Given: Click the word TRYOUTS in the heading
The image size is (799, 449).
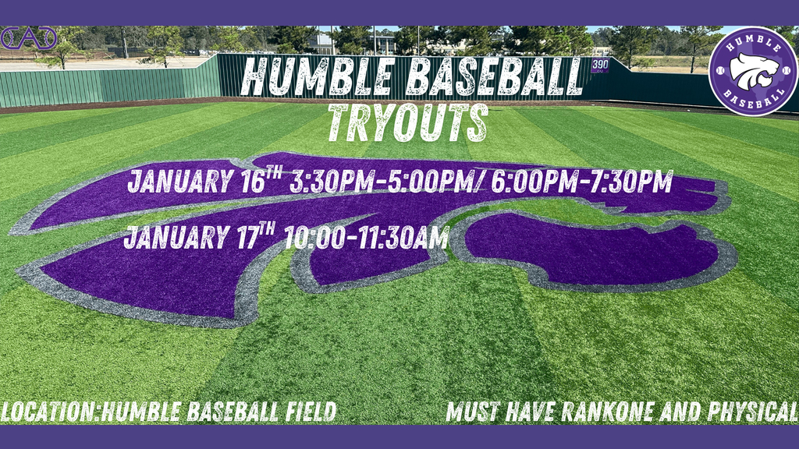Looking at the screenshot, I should click(x=408, y=122).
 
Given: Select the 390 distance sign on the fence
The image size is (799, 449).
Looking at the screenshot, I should click(x=599, y=65).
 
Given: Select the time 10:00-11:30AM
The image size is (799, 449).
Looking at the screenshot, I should click(x=367, y=235).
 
